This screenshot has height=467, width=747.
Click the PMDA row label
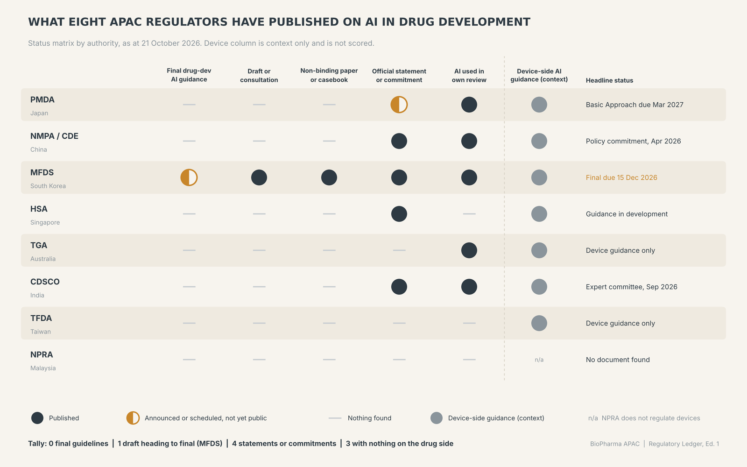[42, 100]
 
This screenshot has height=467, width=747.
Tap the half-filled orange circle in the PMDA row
[399, 105]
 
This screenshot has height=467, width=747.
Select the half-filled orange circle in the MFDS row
[189, 177]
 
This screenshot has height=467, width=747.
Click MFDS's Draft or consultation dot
[259, 177]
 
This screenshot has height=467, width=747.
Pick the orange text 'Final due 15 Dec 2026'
[621, 177]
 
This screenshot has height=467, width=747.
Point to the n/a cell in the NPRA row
[539, 360]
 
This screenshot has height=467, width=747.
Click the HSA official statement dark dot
[399, 214]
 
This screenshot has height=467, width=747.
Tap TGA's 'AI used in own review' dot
[469, 250]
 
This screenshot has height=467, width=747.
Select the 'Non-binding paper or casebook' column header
[329, 75]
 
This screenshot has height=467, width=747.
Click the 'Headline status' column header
[609, 80]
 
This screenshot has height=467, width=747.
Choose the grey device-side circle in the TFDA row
[539, 323]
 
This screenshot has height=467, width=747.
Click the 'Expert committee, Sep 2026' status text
[631, 287]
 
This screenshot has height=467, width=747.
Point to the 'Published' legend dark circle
[37, 418]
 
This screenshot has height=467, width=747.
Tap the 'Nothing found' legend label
[369, 418]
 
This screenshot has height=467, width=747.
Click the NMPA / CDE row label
[54, 136]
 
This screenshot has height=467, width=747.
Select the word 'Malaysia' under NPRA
[43, 368]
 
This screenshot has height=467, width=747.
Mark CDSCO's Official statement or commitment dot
[399, 287]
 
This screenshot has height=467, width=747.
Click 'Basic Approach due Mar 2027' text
[634, 105]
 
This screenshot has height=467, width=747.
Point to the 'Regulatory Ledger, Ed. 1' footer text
[684, 444]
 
